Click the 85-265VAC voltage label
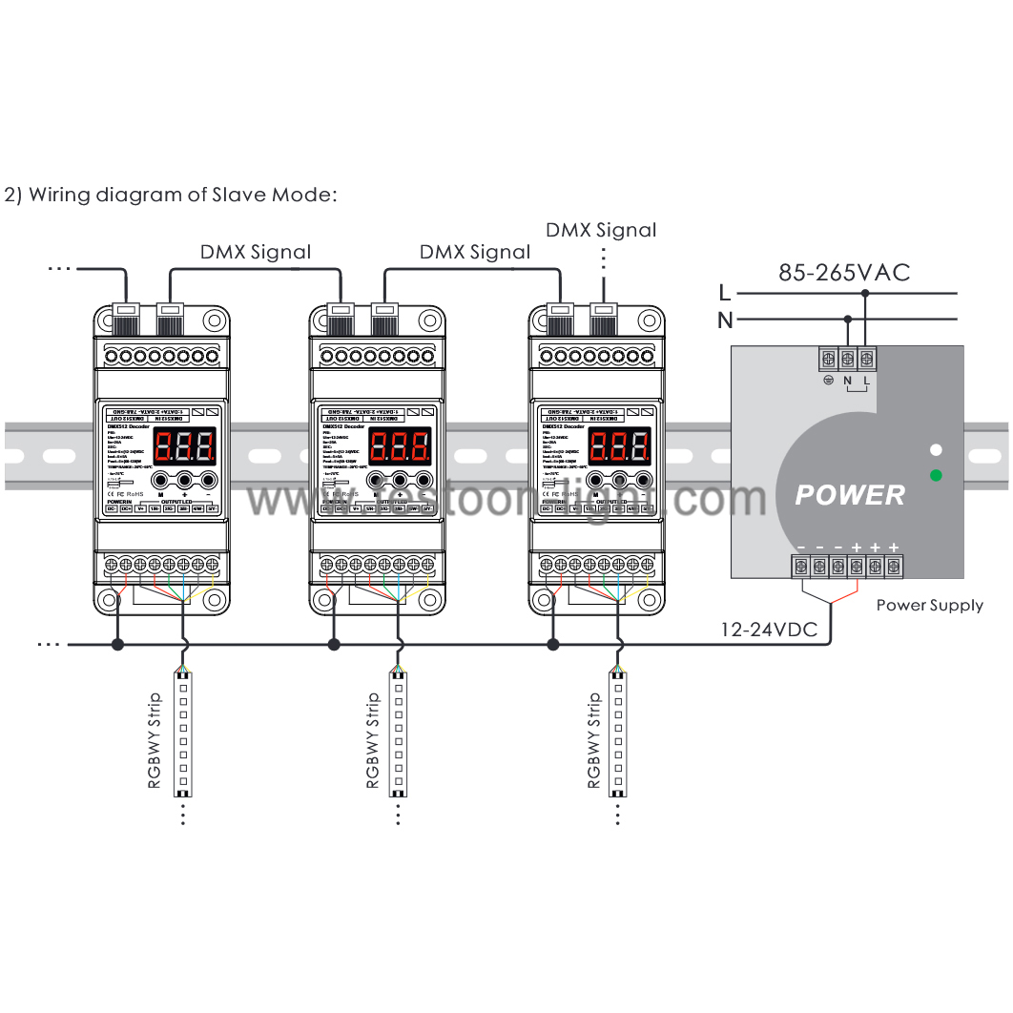click(x=844, y=273)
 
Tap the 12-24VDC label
click(x=769, y=631)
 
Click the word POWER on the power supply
click(x=850, y=495)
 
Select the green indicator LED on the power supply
click(x=936, y=475)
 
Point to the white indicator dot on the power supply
click(x=936, y=449)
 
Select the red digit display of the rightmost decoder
click(x=620, y=445)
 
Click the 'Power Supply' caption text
click(x=929, y=605)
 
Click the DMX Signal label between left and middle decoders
click(x=255, y=252)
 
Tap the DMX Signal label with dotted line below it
click(x=601, y=230)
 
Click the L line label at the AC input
click(x=725, y=293)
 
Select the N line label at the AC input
click(x=725, y=319)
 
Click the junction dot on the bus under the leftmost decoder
click(x=117, y=645)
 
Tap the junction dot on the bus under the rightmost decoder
click(x=552, y=645)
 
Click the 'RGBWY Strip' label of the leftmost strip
click(x=155, y=741)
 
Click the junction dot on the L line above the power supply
click(x=865, y=294)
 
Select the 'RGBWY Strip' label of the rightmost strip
click(x=593, y=741)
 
